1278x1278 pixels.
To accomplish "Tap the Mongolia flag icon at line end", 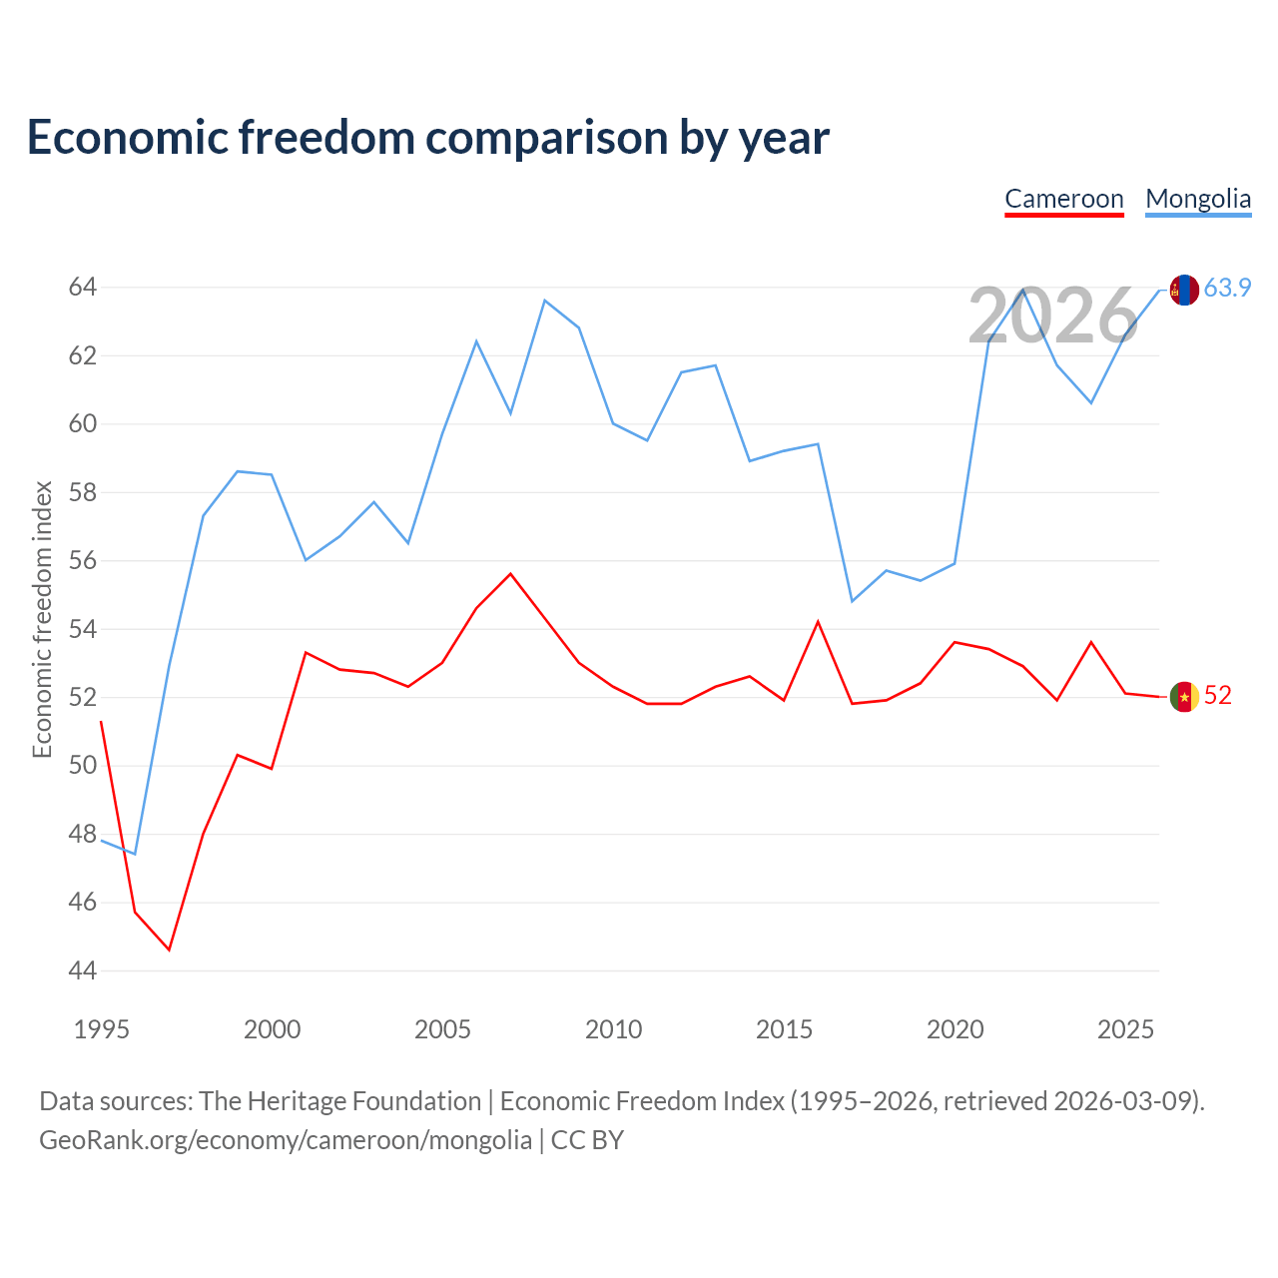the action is click(x=1184, y=290).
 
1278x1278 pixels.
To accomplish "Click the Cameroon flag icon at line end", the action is click(x=1184, y=696).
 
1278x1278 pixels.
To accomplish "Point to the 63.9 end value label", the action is click(x=1227, y=288).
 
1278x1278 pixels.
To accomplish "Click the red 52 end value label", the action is click(x=1218, y=695).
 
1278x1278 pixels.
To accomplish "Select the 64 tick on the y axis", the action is click(x=83, y=288).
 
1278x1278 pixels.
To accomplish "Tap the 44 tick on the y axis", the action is click(x=83, y=970).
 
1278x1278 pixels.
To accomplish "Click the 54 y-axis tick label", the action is click(x=83, y=629).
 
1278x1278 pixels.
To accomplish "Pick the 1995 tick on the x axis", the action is click(x=102, y=1029).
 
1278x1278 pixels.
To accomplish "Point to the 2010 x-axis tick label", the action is click(x=613, y=1029).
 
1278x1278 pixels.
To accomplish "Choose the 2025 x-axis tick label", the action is click(x=1125, y=1029).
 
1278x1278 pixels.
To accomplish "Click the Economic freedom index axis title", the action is click(x=43, y=619).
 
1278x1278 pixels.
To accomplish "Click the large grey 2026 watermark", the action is click(x=1053, y=316).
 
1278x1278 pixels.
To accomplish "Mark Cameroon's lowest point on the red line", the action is click(x=169, y=950).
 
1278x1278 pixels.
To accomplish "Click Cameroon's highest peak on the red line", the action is click(x=510, y=574).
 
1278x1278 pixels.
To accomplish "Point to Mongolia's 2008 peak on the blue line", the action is click(x=544, y=301).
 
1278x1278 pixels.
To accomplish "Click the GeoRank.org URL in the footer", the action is click(x=286, y=1141).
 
